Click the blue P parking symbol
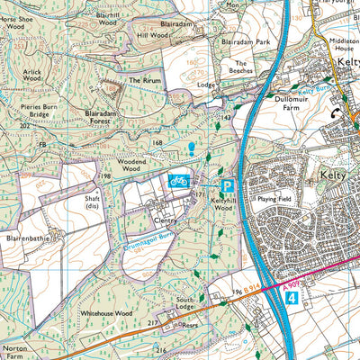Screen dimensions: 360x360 [228, 186]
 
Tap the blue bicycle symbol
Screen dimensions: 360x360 [178, 181]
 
